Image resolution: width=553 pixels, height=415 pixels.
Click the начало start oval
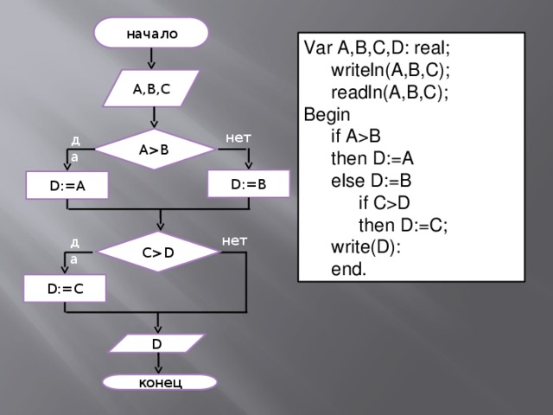[x=152, y=34]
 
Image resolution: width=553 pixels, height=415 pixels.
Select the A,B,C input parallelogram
[x=152, y=87]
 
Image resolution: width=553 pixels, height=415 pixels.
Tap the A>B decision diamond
[x=154, y=148]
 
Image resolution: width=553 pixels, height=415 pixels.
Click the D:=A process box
[x=67, y=184]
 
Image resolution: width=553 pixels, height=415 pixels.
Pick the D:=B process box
[x=248, y=183]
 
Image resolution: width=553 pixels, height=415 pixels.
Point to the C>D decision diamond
[x=158, y=252]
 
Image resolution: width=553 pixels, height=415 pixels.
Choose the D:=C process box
[x=66, y=288]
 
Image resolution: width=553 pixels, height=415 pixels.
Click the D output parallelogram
[x=156, y=343]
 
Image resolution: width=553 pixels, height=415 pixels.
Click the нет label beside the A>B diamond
[x=238, y=136]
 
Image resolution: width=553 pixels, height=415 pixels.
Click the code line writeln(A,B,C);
[x=390, y=68]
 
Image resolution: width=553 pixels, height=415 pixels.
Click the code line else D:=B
[x=371, y=182]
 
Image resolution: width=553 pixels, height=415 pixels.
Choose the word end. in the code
[x=348, y=270]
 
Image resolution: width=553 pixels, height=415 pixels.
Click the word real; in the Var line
[x=432, y=47]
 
